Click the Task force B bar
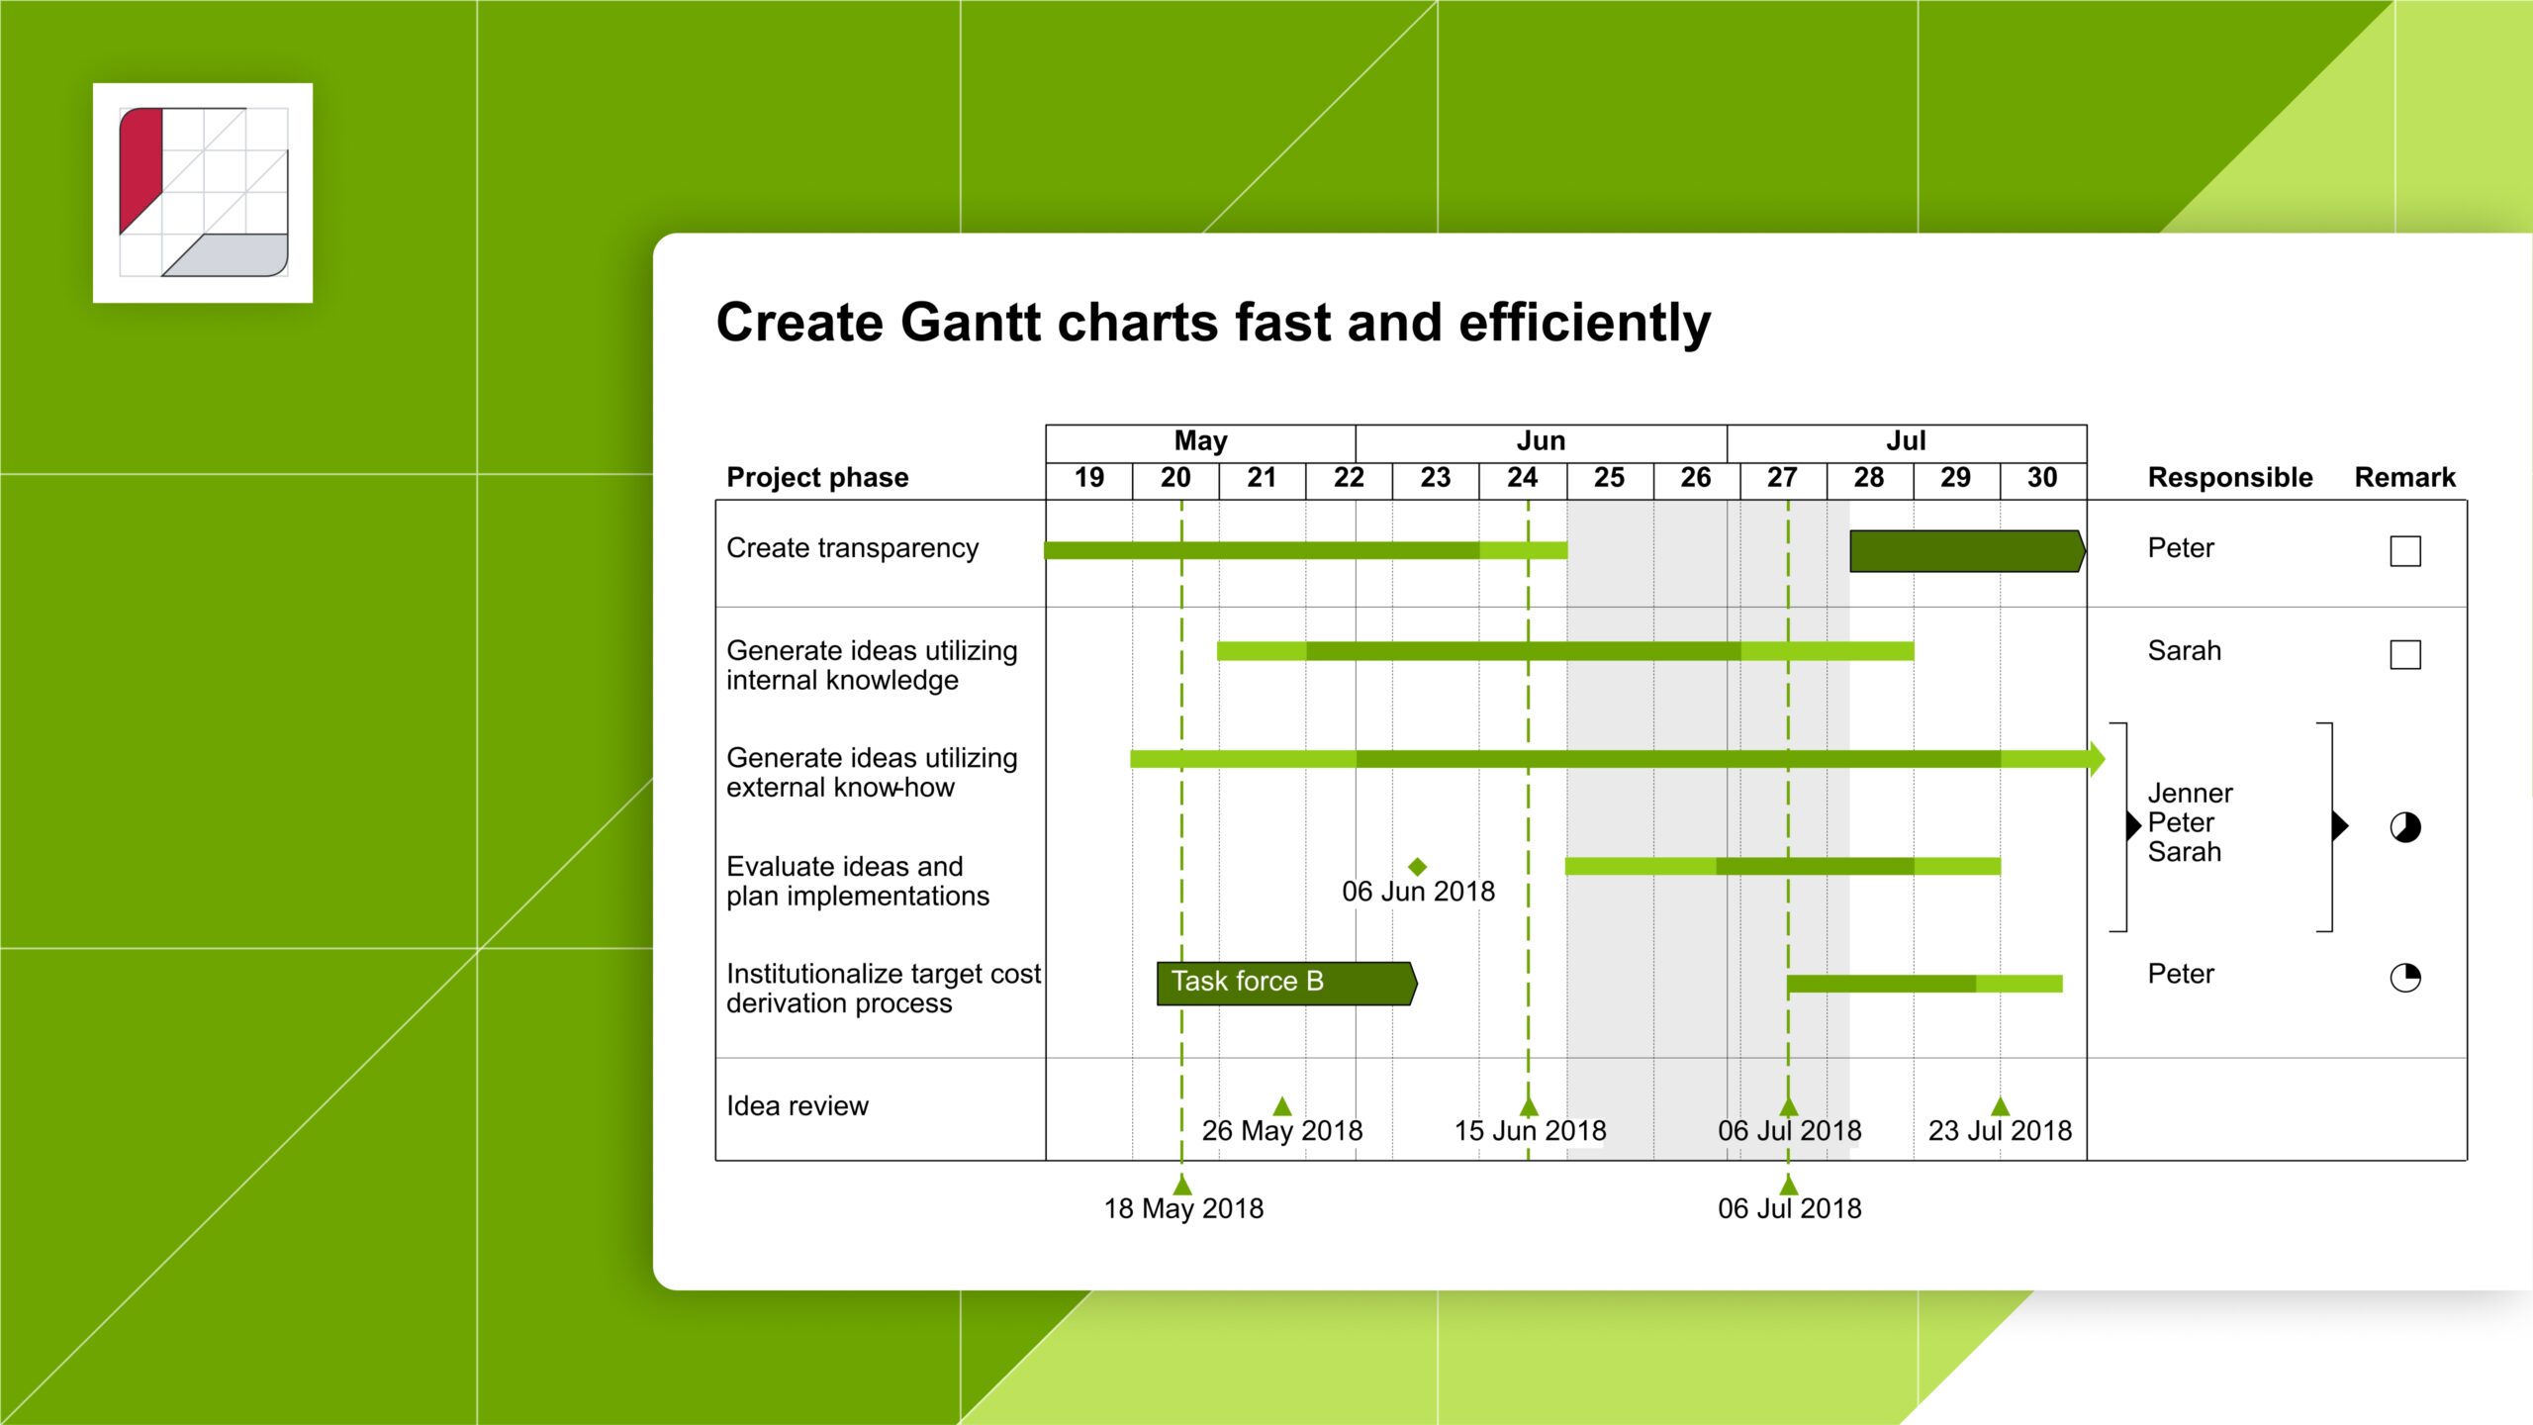(x=1285, y=983)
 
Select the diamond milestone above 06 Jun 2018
(x=1417, y=866)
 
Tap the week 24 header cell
(x=1522, y=478)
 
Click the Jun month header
(x=1541, y=441)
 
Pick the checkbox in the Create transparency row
(x=2404, y=551)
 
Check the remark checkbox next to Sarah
(x=2404, y=654)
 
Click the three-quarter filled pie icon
(x=2404, y=826)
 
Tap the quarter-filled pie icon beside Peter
(x=2404, y=978)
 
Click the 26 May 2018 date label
(x=1281, y=1130)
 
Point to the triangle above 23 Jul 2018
(x=2000, y=1106)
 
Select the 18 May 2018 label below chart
(x=1183, y=1208)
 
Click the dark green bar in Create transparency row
(x=1966, y=551)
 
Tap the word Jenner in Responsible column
(x=2190, y=794)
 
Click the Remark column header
(x=2404, y=478)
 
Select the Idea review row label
(x=797, y=1106)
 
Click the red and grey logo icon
(x=203, y=193)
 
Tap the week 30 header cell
(x=2041, y=478)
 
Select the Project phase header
(x=817, y=478)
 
